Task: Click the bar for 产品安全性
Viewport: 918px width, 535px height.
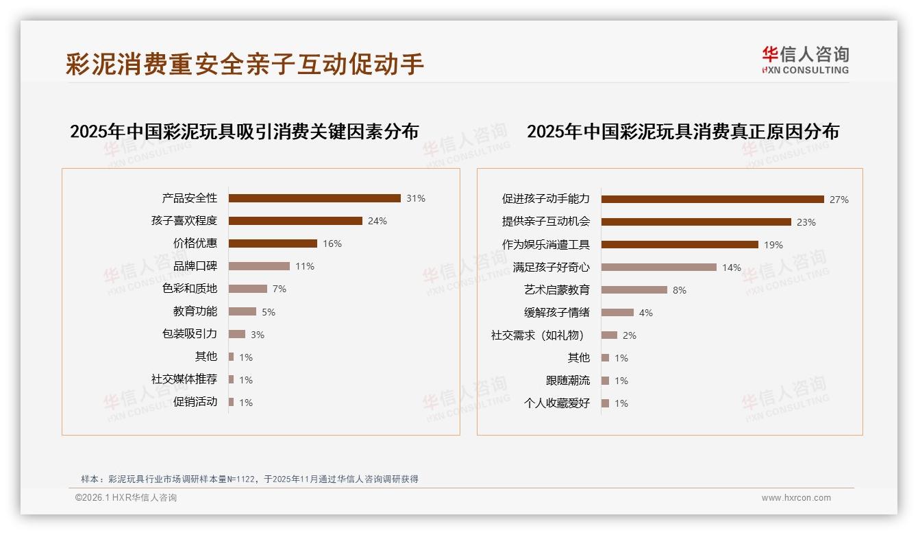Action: click(x=314, y=198)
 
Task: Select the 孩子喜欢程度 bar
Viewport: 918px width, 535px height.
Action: click(x=295, y=221)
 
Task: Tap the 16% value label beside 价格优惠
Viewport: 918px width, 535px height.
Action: click(x=332, y=243)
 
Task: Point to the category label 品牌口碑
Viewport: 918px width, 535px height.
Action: click(x=195, y=266)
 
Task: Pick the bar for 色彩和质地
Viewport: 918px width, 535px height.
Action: click(x=248, y=289)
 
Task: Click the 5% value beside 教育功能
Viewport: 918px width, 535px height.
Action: click(x=269, y=312)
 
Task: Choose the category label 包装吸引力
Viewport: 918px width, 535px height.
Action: click(x=190, y=334)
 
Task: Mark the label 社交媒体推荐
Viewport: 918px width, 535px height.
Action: click(x=184, y=379)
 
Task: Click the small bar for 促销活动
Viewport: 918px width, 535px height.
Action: click(x=232, y=402)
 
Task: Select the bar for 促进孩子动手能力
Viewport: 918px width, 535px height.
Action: click(x=712, y=200)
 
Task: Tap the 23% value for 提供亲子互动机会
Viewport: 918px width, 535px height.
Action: click(x=806, y=222)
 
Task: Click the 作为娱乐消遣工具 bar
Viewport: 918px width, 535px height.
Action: click(x=680, y=245)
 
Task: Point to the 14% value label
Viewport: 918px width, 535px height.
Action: click(x=732, y=267)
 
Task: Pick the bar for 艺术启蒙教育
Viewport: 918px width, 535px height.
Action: click(x=634, y=290)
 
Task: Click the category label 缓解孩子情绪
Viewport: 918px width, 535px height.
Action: click(x=557, y=313)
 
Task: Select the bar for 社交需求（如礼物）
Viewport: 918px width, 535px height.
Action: click(x=610, y=335)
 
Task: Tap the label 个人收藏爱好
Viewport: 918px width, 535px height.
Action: click(x=557, y=403)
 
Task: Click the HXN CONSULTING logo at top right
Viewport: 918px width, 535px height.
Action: click(x=805, y=60)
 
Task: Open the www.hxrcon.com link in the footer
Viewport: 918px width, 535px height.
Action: click(x=796, y=498)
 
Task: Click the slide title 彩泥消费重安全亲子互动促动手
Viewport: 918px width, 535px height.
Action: click(x=245, y=64)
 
